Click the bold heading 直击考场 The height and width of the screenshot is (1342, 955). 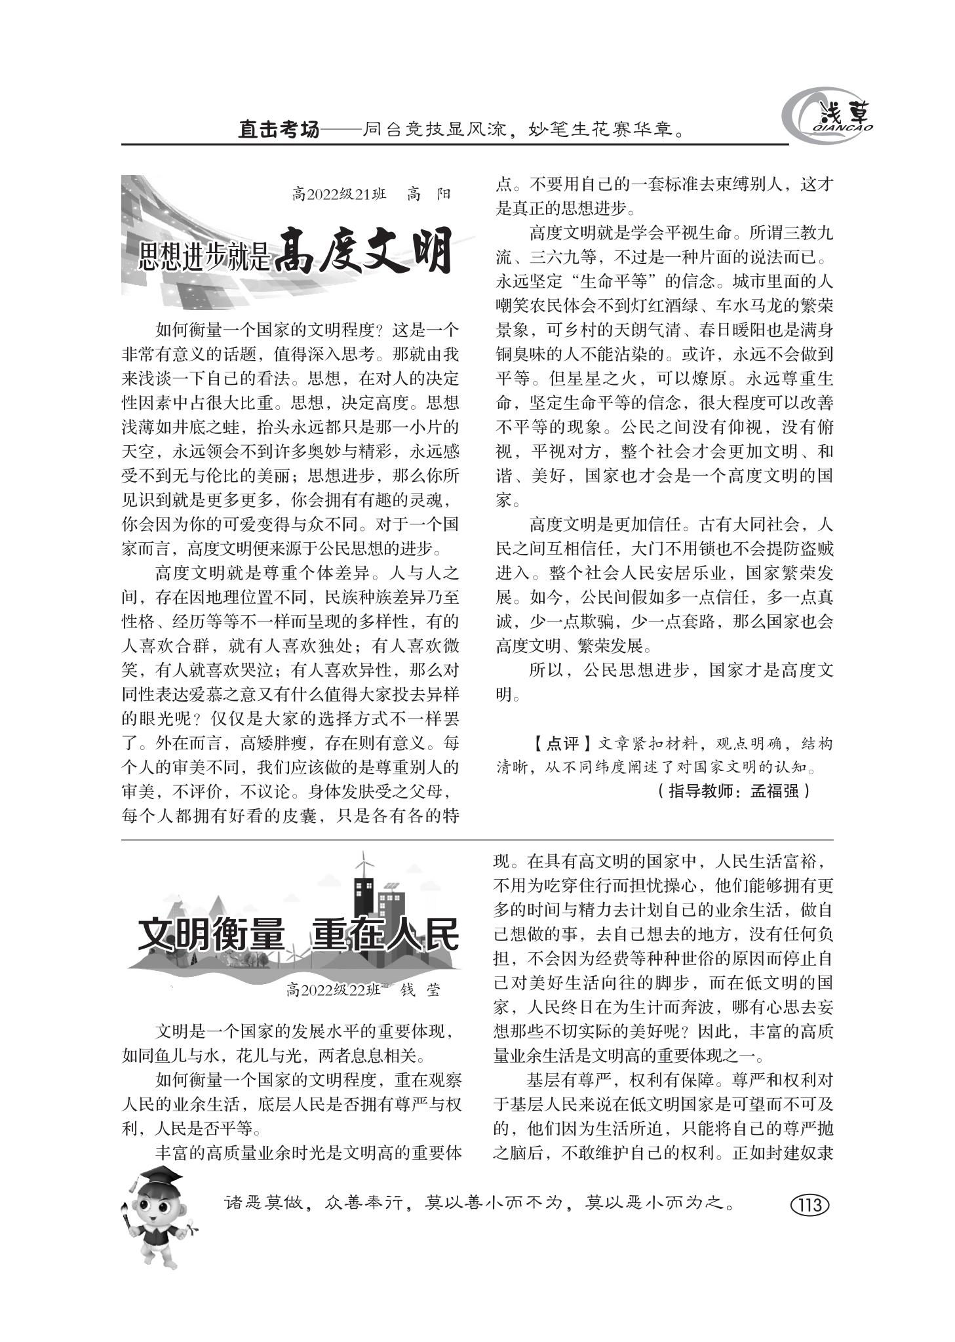(278, 130)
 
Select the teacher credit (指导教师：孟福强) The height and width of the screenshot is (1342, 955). (733, 791)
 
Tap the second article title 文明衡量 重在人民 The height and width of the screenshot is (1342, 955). (298, 934)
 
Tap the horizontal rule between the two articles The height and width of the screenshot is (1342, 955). (477, 840)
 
